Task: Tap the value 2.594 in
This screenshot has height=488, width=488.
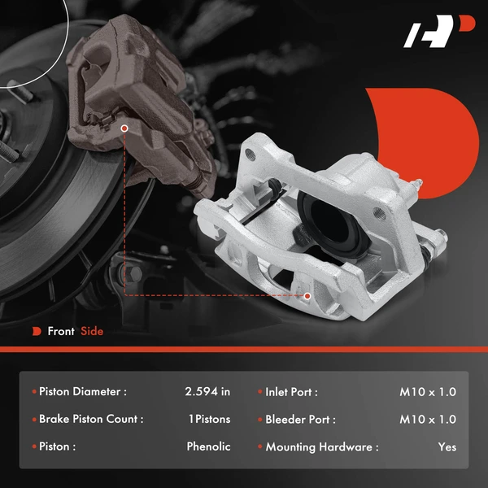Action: (x=207, y=392)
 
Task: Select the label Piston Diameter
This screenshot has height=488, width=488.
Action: (x=83, y=392)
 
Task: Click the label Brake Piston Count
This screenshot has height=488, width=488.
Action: (x=91, y=420)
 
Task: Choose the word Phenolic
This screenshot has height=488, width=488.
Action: (x=208, y=447)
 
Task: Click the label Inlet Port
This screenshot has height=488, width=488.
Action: (x=291, y=392)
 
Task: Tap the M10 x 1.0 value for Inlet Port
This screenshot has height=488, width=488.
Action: (x=428, y=392)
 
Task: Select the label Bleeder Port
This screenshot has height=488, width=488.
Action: (x=300, y=420)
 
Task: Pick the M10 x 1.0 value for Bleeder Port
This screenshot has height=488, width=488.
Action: (x=428, y=420)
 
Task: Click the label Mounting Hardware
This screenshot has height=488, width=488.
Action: (x=322, y=447)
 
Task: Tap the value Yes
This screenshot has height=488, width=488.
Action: (x=447, y=447)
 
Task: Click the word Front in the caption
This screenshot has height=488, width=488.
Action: (x=61, y=331)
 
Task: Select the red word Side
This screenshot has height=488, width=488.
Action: (x=92, y=331)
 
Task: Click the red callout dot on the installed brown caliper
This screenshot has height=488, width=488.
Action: (x=124, y=129)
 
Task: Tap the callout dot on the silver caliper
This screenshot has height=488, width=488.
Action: (x=307, y=296)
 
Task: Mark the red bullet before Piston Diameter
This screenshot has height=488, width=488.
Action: (x=34, y=392)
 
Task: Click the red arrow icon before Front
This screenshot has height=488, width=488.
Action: (x=37, y=331)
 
